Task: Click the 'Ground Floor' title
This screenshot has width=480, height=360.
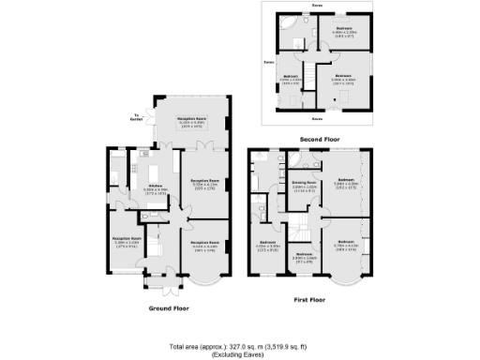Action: pos(169,307)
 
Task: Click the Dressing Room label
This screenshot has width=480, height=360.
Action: pos(303,185)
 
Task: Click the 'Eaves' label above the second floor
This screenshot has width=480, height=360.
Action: pos(318,6)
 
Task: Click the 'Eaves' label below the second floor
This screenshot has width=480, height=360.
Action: pos(318,120)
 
